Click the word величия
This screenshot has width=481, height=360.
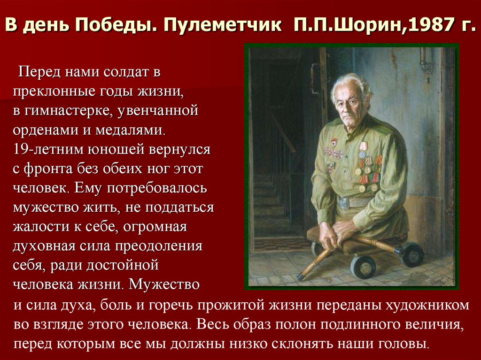[x=430, y=324]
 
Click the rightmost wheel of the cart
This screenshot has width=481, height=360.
[x=412, y=254]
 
